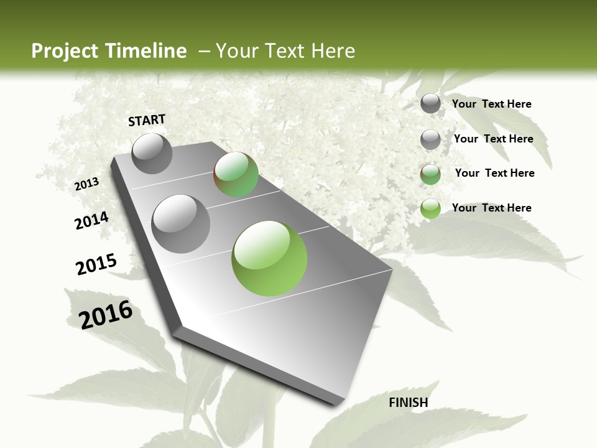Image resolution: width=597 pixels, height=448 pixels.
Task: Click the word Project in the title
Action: (x=65, y=51)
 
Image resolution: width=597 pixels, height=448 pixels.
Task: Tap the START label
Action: (x=147, y=120)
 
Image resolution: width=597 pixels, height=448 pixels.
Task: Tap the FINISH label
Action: (x=408, y=403)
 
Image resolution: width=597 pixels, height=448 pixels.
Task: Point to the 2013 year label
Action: (x=86, y=184)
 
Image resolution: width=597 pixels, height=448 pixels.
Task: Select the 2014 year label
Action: (x=91, y=220)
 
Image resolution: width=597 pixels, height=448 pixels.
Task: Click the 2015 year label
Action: (x=96, y=264)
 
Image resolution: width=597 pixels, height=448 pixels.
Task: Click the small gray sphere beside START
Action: (x=152, y=153)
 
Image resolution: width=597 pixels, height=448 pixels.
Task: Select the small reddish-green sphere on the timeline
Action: (x=236, y=174)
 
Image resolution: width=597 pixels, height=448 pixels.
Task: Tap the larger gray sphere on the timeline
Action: (x=180, y=223)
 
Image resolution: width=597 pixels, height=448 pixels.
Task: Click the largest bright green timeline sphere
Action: (x=269, y=258)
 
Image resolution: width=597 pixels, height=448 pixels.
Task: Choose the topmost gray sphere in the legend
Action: (x=430, y=104)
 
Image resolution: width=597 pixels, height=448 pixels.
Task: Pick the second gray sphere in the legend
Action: (x=430, y=139)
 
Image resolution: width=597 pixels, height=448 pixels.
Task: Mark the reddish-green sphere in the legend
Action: (x=430, y=174)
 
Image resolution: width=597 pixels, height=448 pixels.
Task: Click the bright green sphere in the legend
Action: (x=430, y=208)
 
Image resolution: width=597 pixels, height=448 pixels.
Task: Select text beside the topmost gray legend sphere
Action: (x=491, y=104)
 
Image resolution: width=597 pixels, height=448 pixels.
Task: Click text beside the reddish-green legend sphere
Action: (x=494, y=173)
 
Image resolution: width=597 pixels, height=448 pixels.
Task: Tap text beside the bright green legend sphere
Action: (x=491, y=208)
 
